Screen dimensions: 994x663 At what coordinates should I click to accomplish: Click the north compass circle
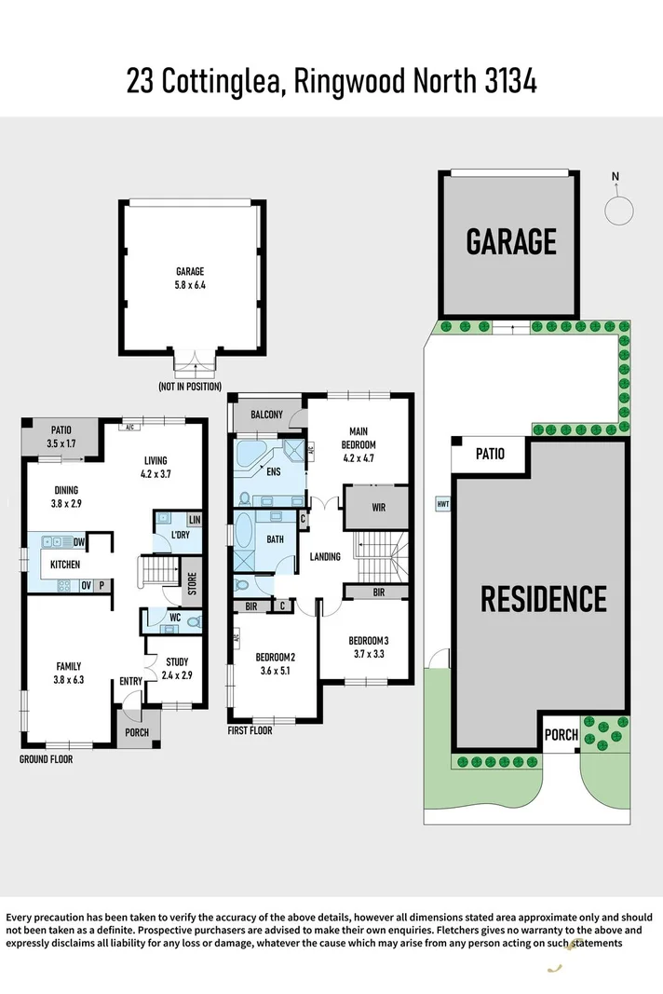(618, 210)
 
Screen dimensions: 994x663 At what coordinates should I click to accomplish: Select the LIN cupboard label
(194, 519)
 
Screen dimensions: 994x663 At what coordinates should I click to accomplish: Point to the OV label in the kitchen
(85, 585)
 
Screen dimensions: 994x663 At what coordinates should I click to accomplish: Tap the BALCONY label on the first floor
(265, 415)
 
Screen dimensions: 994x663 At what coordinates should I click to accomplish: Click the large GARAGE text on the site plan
(511, 241)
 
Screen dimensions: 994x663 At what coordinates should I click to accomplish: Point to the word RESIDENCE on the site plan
(544, 598)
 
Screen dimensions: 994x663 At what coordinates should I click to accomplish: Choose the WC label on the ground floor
(174, 617)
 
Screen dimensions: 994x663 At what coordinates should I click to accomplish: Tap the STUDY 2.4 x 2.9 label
(176, 668)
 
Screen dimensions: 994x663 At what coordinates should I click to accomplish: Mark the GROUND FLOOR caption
(46, 759)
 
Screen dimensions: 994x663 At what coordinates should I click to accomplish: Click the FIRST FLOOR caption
(250, 731)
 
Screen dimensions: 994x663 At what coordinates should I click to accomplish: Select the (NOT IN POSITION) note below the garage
(190, 386)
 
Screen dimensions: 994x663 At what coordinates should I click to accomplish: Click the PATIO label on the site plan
(490, 454)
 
